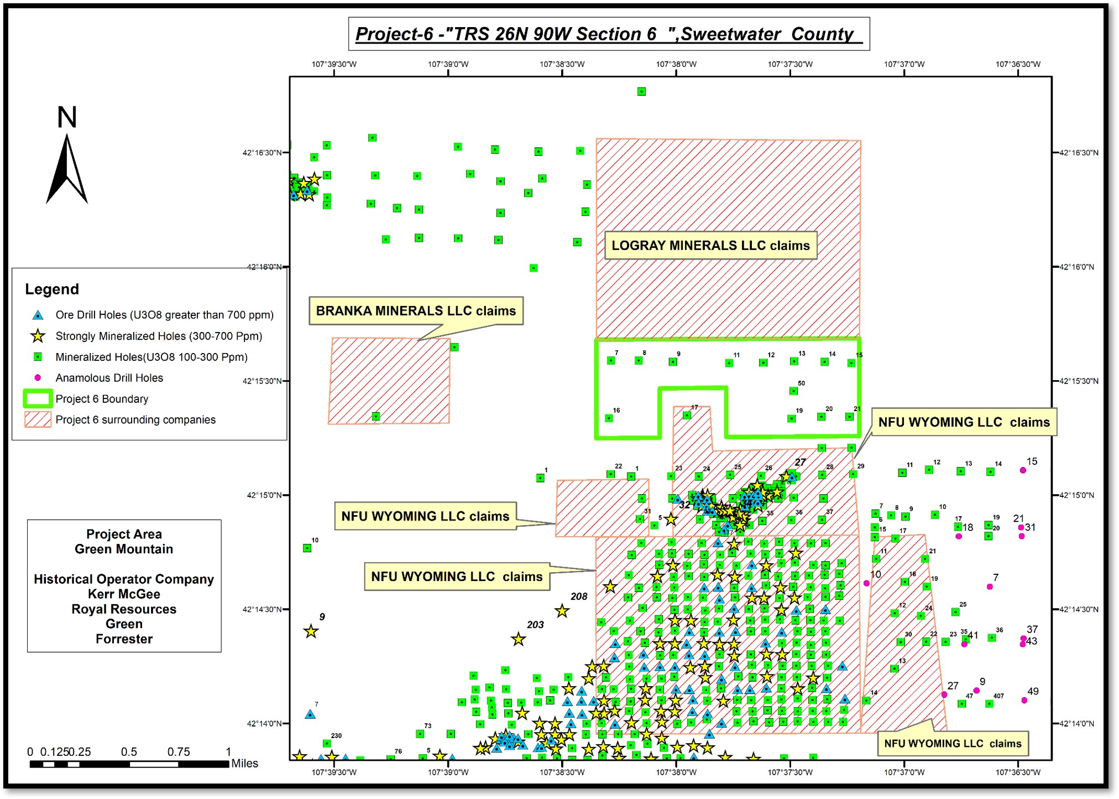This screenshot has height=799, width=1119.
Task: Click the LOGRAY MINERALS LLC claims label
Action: [710, 246]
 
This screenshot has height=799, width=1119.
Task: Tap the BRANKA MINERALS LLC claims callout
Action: [416, 311]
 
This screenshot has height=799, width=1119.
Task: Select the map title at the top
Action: [608, 34]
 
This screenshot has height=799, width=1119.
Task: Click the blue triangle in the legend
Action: [38, 315]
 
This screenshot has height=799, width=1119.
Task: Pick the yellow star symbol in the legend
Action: [38, 336]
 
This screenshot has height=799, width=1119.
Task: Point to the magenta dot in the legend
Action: [38, 378]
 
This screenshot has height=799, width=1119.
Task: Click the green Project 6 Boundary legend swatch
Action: [38, 399]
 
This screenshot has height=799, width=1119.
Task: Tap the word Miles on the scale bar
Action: [244, 763]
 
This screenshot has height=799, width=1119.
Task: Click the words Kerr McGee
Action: [124, 594]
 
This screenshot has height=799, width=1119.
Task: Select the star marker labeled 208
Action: [562, 611]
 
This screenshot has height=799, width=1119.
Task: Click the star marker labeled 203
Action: [518, 640]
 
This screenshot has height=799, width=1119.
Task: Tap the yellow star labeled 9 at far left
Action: [311, 631]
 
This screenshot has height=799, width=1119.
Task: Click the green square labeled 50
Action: [793, 391]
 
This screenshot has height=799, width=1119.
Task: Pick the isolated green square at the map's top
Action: [641, 91]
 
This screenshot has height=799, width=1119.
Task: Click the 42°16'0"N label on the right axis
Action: [1077, 267]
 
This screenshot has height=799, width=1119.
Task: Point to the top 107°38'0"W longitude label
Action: [676, 64]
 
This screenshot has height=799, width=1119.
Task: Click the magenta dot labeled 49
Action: [1024, 700]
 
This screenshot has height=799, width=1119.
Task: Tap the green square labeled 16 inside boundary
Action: [609, 418]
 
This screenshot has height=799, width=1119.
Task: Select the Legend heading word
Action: [52, 289]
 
